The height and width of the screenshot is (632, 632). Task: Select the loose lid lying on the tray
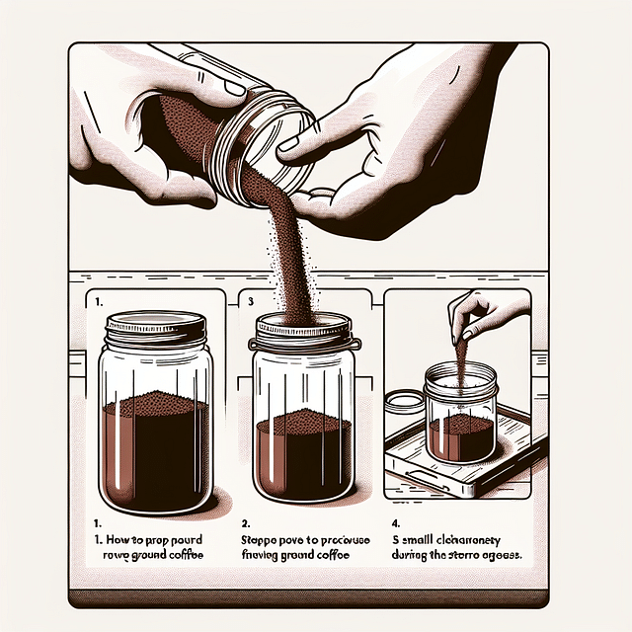click(x=404, y=403)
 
